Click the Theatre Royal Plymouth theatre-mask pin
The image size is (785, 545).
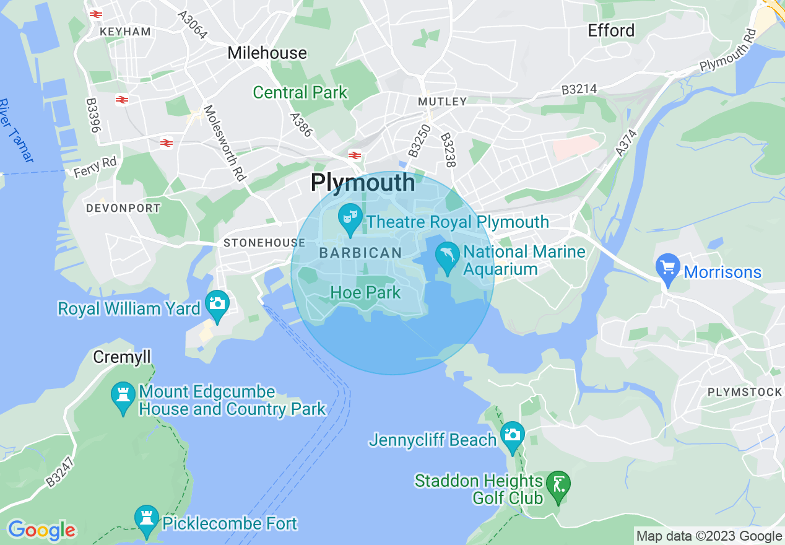pos(350,219)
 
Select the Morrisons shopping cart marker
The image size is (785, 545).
pos(667,269)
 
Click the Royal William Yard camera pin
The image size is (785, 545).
pos(217,305)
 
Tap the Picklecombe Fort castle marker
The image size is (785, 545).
pos(147,521)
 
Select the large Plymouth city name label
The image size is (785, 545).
pos(363,182)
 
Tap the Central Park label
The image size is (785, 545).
pos(300,93)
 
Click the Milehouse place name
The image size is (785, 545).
pos(267,53)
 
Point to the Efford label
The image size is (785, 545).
pos(611,30)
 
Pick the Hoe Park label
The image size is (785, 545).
pos(365,292)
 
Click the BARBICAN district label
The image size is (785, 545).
pos(360,253)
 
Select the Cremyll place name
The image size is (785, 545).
pos(122,357)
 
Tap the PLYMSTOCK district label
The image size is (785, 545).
pos(744,392)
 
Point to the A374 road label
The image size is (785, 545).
pos(626,142)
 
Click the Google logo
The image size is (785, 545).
pos(41,530)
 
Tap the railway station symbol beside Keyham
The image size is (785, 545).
pos(95,14)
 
